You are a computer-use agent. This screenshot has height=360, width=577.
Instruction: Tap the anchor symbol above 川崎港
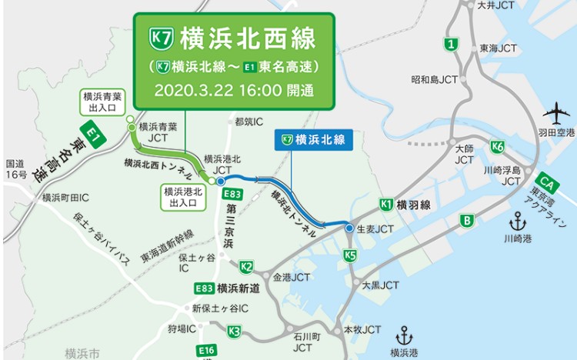pyautogui.click(x=518, y=223)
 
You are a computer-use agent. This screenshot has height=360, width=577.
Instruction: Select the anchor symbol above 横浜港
pyautogui.click(x=404, y=336)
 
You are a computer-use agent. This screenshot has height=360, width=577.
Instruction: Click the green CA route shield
pyautogui.click(x=547, y=182)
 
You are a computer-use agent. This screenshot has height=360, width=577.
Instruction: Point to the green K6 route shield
pyautogui.click(x=497, y=147)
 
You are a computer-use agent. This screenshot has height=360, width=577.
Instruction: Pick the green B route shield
pyautogui.click(x=466, y=222)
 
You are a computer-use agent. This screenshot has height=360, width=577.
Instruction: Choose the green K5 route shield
pyautogui.click(x=350, y=255)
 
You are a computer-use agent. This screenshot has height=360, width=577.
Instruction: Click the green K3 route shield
pyautogui.click(x=235, y=332)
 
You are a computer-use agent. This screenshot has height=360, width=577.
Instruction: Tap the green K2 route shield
pyautogui.click(x=246, y=267)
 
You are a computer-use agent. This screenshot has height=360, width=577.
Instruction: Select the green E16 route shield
pyautogui.click(x=206, y=351)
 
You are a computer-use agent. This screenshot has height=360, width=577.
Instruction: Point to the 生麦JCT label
pyautogui.click(x=375, y=229)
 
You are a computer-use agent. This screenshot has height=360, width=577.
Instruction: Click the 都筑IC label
pyautogui.click(x=248, y=122)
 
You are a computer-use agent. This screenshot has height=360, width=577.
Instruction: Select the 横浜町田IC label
pyautogui.click(x=67, y=197)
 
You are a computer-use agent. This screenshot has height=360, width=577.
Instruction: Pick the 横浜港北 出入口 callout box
pyautogui.click(x=182, y=197)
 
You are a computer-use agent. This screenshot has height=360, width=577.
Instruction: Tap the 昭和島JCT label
pyautogui.click(x=435, y=79)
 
